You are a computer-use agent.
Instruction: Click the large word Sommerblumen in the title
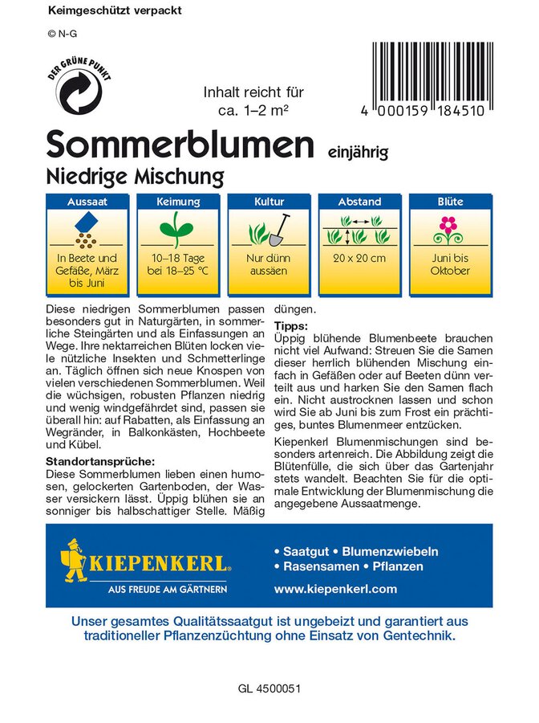tap(179, 144)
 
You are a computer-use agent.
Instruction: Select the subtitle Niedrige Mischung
tap(134, 174)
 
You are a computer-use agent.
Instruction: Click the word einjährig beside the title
tap(358, 150)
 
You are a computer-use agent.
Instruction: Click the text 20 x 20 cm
tap(359, 258)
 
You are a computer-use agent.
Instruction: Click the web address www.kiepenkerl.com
tap(335, 589)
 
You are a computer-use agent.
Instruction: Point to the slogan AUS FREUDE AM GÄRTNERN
tap(167, 589)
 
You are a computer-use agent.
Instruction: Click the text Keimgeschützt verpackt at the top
tap(115, 11)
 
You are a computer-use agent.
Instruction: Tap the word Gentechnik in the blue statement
tap(416, 635)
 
